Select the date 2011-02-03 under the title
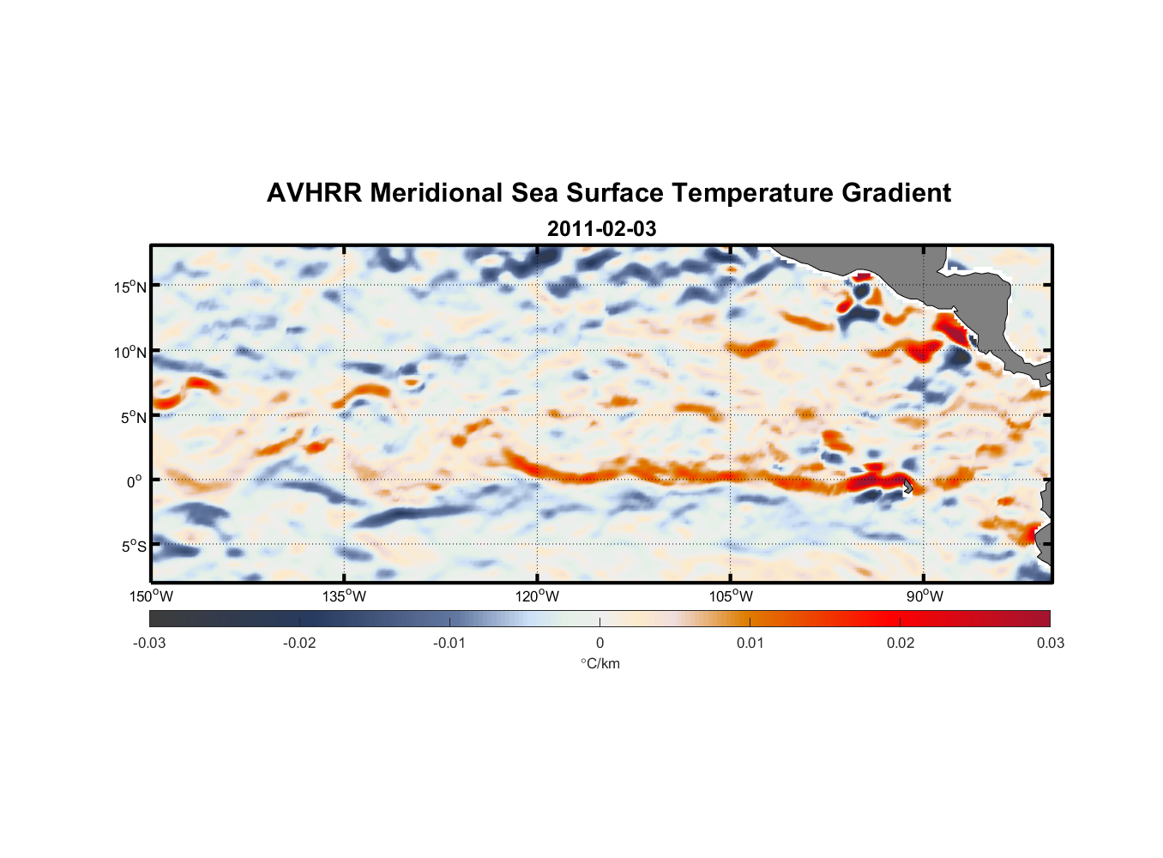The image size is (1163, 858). (601, 229)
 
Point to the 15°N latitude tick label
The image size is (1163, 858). (130, 287)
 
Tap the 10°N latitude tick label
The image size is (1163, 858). (130, 352)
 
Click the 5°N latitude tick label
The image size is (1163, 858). (133, 417)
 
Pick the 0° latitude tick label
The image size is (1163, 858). (135, 481)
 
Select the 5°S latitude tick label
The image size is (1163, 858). (133, 547)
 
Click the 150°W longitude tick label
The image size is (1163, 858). (151, 596)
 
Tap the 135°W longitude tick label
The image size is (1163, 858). (344, 596)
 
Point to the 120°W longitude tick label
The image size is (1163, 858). (537, 596)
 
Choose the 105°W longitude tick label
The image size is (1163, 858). (731, 596)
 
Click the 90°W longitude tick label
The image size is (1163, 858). (924, 596)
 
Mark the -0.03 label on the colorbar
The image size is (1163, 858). (149, 643)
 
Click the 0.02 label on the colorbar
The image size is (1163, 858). (901, 643)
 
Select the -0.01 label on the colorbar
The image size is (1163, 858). (449, 643)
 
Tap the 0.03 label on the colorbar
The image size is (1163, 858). (1050, 643)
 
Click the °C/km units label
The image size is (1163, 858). (600, 663)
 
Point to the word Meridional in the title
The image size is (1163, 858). (437, 193)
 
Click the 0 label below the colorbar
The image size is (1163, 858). (600, 643)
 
